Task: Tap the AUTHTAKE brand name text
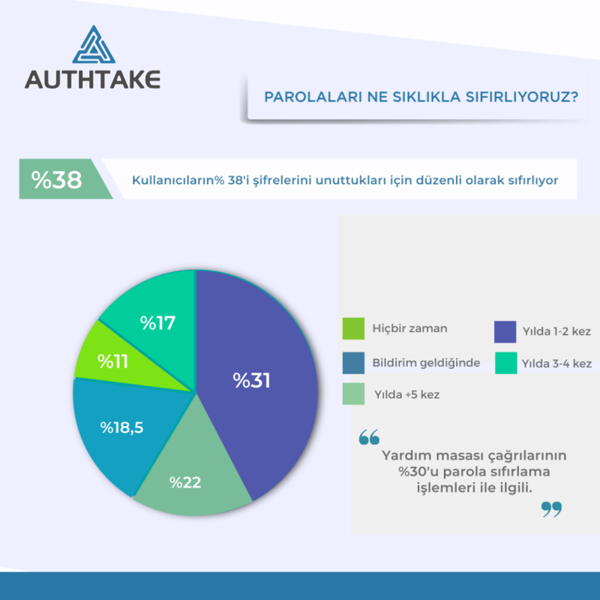92,79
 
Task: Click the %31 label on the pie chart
251,380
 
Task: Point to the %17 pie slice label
157,323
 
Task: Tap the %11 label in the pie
112,361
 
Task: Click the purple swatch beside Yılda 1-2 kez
504,331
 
